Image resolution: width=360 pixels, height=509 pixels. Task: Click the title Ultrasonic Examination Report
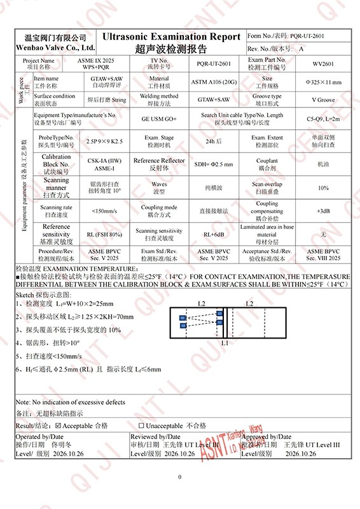(x=171, y=37)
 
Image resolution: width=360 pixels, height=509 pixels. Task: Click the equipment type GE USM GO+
(x=158, y=118)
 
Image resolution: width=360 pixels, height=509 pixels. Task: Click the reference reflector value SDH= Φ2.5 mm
(x=214, y=164)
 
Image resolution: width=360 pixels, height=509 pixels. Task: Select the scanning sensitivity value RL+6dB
(x=214, y=234)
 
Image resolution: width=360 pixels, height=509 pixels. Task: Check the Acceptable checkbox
(x=59, y=425)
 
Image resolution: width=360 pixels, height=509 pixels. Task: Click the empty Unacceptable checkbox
(x=141, y=425)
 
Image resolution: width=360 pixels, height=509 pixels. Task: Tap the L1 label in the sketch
(x=225, y=343)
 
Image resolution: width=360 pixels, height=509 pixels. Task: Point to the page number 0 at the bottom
(x=180, y=477)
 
